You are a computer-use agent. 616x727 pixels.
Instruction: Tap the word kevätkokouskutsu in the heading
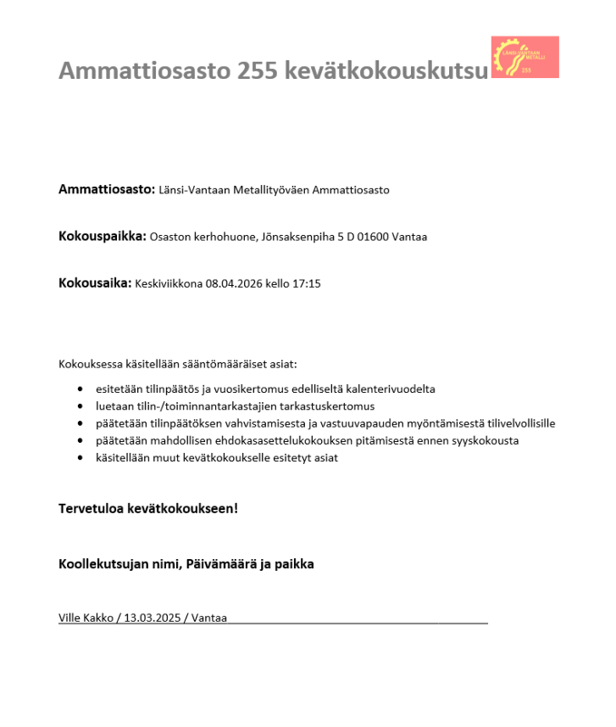(x=386, y=71)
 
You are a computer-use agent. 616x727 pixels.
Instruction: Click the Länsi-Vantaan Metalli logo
(x=524, y=57)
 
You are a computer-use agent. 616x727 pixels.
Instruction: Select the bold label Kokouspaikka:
(x=103, y=236)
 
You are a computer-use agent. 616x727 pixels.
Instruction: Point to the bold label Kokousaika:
(x=95, y=283)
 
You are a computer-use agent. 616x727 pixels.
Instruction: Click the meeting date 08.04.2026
(x=234, y=284)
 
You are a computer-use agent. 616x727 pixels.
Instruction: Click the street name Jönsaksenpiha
(x=298, y=237)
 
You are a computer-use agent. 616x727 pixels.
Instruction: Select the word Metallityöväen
(x=272, y=190)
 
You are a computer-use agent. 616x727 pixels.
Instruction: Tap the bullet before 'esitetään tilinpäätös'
(x=83, y=388)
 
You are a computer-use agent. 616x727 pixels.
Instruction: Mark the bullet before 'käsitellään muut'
(x=83, y=458)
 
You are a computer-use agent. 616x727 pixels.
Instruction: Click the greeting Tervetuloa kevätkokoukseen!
(x=148, y=508)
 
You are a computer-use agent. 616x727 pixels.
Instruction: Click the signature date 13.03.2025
(x=150, y=618)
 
